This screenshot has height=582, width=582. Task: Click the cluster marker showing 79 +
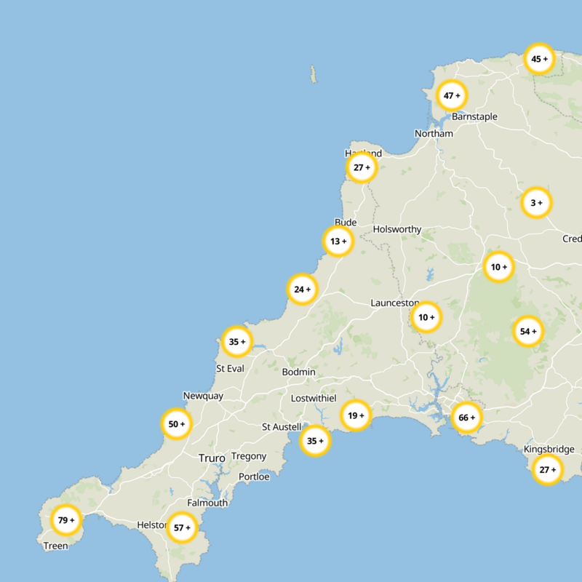[x=66, y=520]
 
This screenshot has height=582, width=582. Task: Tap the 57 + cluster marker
[x=181, y=527]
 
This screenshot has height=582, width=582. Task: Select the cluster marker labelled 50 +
[x=177, y=424]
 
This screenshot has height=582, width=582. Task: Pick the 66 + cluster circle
[x=466, y=418]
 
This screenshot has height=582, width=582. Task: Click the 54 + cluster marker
[x=527, y=332]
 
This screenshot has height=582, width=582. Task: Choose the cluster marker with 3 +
[x=536, y=203]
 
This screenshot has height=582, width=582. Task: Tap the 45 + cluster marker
[x=539, y=59]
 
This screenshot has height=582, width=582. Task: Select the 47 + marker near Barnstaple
[x=452, y=96]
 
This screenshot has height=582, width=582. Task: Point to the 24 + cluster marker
[x=302, y=290]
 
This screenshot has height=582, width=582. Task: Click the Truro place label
[x=212, y=458]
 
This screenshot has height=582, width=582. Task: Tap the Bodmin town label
[x=299, y=372]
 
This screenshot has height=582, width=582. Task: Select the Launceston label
[x=394, y=303]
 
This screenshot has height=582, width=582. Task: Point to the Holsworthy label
[x=396, y=229]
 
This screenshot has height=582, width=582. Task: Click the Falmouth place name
[x=207, y=503]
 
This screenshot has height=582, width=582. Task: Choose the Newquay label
[x=203, y=396]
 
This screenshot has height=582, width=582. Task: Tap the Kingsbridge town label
[x=552, y=450]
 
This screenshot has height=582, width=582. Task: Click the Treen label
[x=56, y=546]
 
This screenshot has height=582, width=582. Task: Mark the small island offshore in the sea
[x=314, y=73]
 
